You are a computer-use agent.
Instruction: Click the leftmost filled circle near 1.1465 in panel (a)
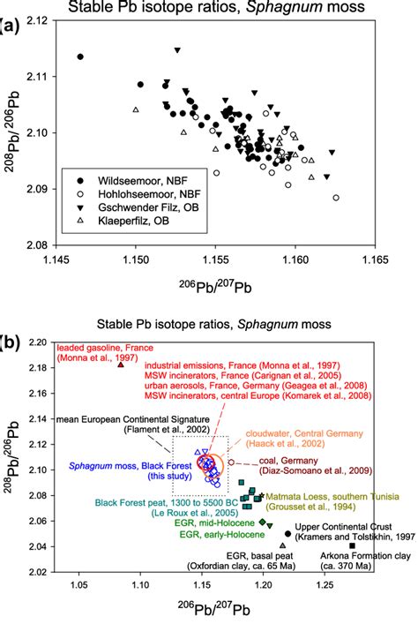coord(80,56)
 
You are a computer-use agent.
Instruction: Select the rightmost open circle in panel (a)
coord(336,198)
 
